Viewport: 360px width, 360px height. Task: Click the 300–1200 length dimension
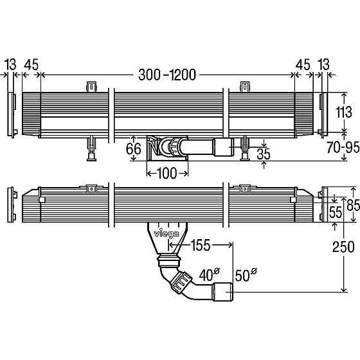pos(167,75)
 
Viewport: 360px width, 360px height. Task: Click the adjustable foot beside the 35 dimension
pos(245,148)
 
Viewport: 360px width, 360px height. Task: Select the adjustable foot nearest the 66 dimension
pos(93,148)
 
